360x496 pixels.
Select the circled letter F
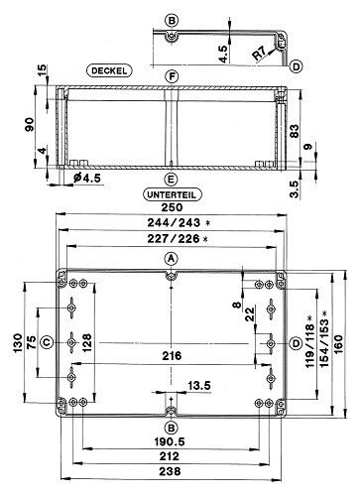tap(173, 75)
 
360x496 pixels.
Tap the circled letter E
tap(173, 180)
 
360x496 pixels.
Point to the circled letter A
tap(172, 256)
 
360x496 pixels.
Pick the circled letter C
tap(47, 344)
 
